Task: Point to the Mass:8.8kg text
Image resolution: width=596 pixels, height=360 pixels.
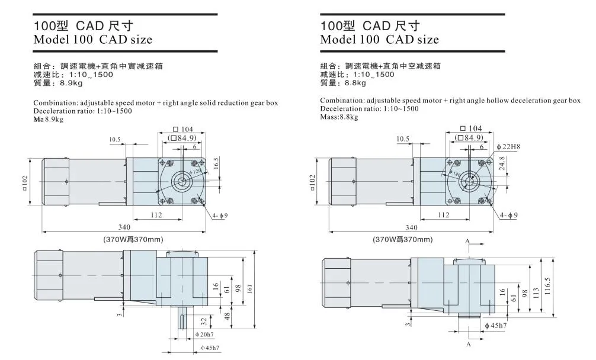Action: [x=339, y=117]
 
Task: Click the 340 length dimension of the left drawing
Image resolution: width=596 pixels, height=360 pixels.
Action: [x=124, y=227]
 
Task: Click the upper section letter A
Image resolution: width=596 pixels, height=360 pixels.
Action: [x=468, y=242]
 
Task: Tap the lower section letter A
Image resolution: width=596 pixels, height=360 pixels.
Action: [x=468, y=343]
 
